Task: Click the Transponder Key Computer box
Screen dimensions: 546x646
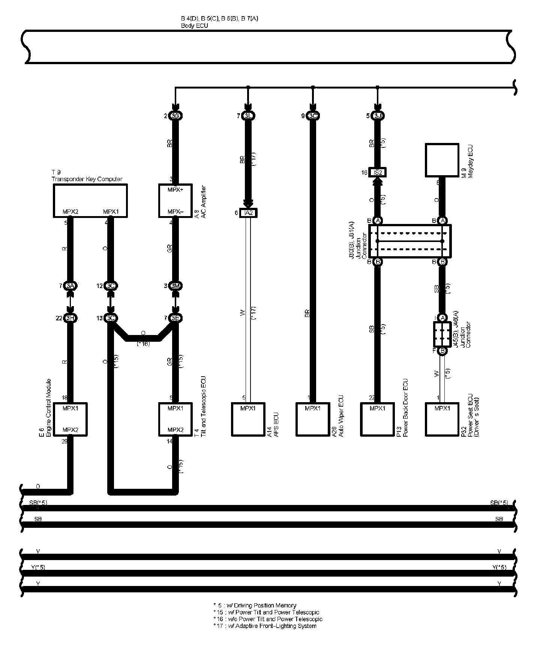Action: (90, 200)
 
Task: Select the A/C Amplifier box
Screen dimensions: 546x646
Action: (175, 200)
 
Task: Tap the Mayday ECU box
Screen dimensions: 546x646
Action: (442, 160)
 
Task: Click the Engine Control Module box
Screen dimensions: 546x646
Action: (70, 419)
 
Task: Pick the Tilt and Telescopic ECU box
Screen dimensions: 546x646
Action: (175, 419)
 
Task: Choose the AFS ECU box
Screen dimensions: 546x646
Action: (248, 419)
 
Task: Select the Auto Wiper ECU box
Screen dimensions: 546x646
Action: (313, 419)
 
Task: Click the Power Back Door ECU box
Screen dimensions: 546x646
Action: (378, 419)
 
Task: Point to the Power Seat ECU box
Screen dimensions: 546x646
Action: (442, 419)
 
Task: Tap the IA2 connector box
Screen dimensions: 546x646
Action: (249, 213)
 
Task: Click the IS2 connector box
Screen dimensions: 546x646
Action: (378, 173)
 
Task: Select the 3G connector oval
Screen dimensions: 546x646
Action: (175, 116)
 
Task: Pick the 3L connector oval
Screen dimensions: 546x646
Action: (248, 116)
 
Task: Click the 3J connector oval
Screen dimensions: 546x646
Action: (378, 116)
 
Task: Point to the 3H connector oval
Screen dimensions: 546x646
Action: (70, 318)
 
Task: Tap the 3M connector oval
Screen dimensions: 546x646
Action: (175, 286)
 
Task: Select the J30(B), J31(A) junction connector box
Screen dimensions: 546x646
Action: (410, 241)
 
